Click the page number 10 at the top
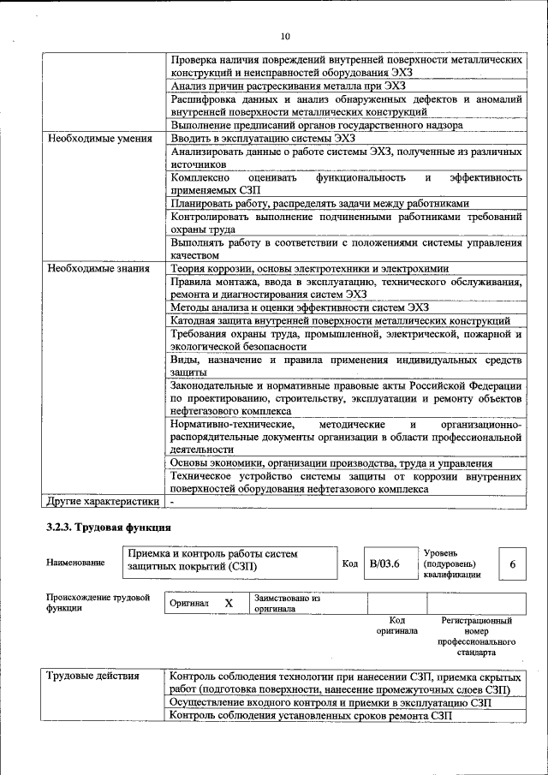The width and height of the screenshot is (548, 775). pos(285,36)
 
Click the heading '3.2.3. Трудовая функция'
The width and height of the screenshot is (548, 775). pos(108,528)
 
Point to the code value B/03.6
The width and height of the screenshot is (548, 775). pos(385,563)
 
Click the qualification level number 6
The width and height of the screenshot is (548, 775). pos(512,563)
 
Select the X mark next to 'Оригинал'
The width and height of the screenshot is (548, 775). pos(229,603)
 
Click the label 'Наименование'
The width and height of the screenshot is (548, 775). pos(76,563)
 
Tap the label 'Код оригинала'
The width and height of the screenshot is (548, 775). pos(396,625)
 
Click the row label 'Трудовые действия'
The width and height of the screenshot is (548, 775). pos(92,677)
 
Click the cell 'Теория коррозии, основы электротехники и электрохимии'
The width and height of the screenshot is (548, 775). pos(309,269)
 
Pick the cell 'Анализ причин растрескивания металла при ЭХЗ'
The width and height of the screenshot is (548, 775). pos(287,86)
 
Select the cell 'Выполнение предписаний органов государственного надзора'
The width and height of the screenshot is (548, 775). pos(316,125)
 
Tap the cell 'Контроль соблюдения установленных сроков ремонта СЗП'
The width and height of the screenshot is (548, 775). pos(310,715)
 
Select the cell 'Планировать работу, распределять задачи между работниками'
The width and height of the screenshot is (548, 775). pos(319,203)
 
